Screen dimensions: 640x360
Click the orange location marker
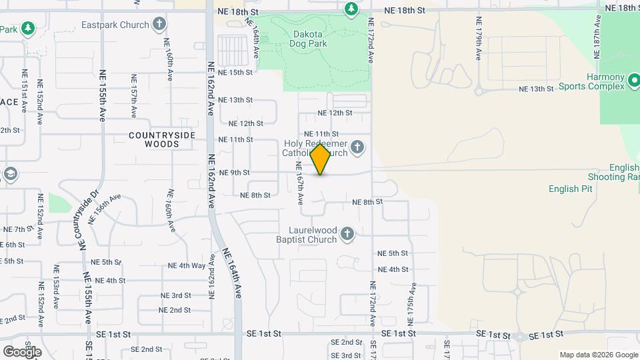click(321, 159)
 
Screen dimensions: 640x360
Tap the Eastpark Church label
click(115, 25)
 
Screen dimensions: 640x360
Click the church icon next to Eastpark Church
click(159, 25)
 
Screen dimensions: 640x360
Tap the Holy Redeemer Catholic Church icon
click(357, 147)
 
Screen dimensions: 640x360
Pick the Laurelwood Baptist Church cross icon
click(347, 233)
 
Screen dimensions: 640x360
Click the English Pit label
click(564, 189)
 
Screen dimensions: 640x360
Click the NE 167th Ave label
click(299, 185)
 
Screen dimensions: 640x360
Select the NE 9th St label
click(234, 173)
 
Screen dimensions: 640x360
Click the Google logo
click(22, 351)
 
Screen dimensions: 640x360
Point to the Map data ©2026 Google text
click(598, 355)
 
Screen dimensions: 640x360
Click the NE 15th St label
click(235, 72)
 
